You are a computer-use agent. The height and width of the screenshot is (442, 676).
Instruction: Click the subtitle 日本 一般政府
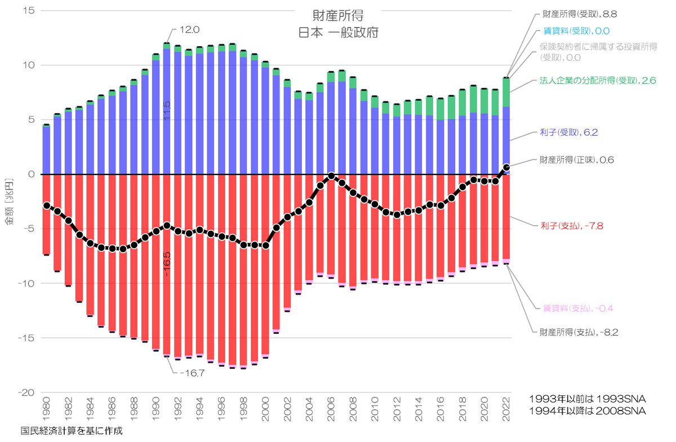(338, 32)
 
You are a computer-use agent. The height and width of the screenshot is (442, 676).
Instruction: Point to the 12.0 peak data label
(189, 30)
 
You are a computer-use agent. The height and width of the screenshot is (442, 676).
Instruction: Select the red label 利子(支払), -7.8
(572, 226)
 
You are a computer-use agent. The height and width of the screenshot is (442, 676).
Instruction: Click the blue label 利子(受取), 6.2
(570, 133)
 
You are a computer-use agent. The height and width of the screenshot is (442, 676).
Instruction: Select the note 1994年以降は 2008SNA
(588, 411)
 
